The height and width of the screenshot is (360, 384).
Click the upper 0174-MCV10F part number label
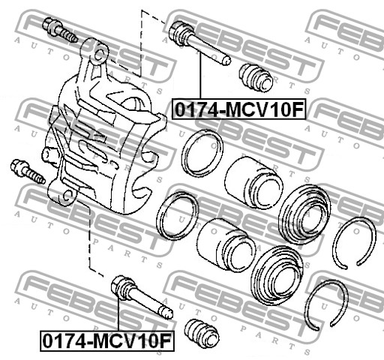(239, 109)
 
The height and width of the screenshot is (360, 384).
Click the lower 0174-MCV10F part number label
(107, 340)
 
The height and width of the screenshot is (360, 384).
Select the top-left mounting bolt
(60, 30)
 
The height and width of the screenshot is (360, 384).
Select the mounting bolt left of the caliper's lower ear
(28, 172)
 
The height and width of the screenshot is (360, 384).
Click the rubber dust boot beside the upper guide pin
(256, 77)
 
